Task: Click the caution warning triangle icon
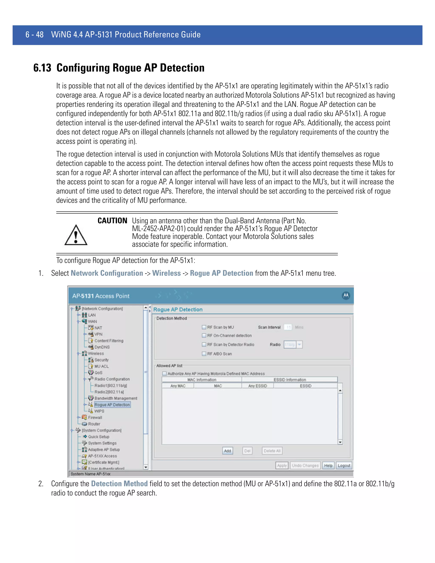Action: point(76,235)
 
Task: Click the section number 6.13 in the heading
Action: point(42,68)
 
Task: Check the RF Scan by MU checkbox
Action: point(204,327)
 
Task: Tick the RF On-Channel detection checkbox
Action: point(204,335)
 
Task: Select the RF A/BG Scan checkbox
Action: point(204,354)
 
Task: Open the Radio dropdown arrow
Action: point(299,344)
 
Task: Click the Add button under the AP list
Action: point(227,451)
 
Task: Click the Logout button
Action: point(344,465)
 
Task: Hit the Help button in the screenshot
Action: point(328,465)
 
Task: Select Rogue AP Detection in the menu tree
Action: point(112,405)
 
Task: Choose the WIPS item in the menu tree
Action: point(99,411)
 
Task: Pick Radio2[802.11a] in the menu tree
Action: point(109,392)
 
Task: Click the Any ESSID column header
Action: point(257,386)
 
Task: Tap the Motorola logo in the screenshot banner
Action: point(346,296)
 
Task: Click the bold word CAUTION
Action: point(112,221)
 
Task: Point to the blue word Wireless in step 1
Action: point(167,273)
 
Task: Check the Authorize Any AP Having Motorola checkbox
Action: point(164,373)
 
